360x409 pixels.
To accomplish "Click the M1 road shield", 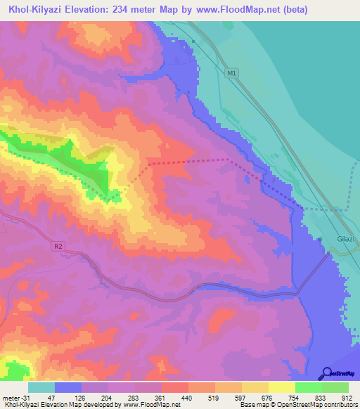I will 233,72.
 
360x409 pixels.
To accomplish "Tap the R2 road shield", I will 58,246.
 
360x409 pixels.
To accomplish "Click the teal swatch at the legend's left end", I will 41,387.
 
